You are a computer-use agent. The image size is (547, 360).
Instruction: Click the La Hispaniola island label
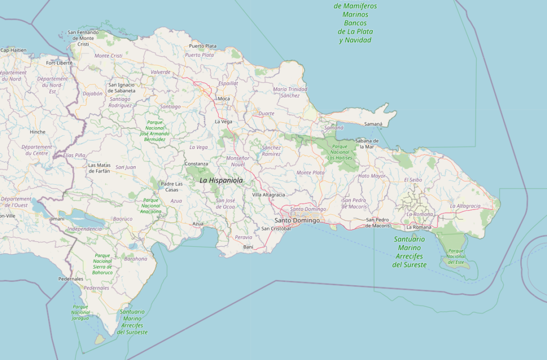coord(221,181)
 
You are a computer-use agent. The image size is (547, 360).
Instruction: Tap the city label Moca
coord(223,99)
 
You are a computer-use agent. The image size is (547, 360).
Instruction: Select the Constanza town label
coord(196,163)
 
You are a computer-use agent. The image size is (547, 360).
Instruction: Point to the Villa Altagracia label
coord(269,195)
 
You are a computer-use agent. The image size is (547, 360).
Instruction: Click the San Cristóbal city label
coord(276,229)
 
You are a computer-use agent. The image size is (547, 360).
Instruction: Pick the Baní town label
coord(248,247)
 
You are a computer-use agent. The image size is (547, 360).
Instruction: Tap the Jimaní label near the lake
coord(57,219)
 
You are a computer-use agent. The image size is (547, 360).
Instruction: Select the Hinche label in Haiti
coord(38,132)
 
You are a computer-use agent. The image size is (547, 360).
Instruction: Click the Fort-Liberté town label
coord(59,62)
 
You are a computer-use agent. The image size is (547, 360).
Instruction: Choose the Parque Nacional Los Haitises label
coord(339,152)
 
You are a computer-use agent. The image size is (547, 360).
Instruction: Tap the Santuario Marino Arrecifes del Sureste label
coord(409,252)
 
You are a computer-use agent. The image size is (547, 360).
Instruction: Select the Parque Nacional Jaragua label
coord(80,312)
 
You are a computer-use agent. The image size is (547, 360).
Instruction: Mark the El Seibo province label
coord(413,180)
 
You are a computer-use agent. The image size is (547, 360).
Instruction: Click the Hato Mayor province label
coord(372,176)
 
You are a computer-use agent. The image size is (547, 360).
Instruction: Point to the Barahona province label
coord(135,259)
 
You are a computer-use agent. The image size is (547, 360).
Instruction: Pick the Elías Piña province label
coord(74,155)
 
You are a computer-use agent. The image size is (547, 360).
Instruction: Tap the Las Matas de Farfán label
coord(99,168)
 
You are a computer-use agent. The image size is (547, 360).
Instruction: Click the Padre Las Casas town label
coord(171,186)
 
